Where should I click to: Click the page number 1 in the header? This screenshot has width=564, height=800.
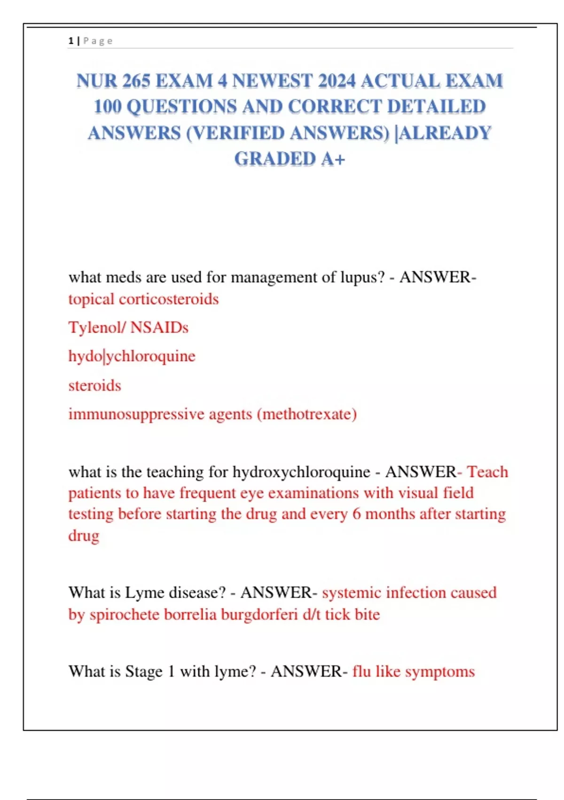click(70, 41)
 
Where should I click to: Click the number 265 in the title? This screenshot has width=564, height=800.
click(136, 81)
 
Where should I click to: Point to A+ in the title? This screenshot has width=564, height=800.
click(333, 159)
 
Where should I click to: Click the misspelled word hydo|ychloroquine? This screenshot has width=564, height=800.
click(132, 356)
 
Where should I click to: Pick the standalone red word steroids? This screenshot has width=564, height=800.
click(94, 385)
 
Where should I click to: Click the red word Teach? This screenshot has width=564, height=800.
click(487, 472)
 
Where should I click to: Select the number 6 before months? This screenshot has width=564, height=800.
click(356, 514)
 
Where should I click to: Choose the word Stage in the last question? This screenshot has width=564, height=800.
click(143, 672)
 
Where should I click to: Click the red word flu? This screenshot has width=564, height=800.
click(361, 672)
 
